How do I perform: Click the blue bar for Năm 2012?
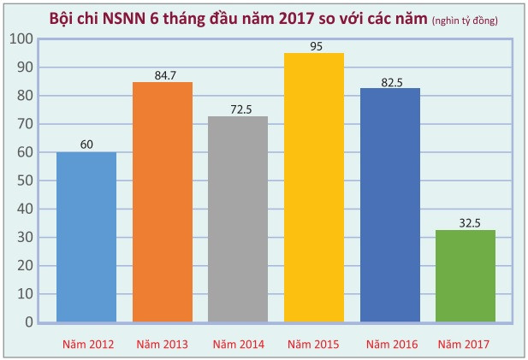click(86, 237)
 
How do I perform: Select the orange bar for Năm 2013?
click(162, 202)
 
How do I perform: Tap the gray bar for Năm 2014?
click(238, 219)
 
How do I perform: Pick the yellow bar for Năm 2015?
click(313, 187)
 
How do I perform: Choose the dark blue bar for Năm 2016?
click(389, 205)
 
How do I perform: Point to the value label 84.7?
click(162, 74)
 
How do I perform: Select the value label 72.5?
click(238, 109)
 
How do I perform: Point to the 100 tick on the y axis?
click(23, 39)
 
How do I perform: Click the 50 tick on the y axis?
click(26, 180)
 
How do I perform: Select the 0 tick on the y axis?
click(29, 322)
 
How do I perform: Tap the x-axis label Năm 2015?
click(313, 344)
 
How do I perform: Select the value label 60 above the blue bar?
click(86, 144)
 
